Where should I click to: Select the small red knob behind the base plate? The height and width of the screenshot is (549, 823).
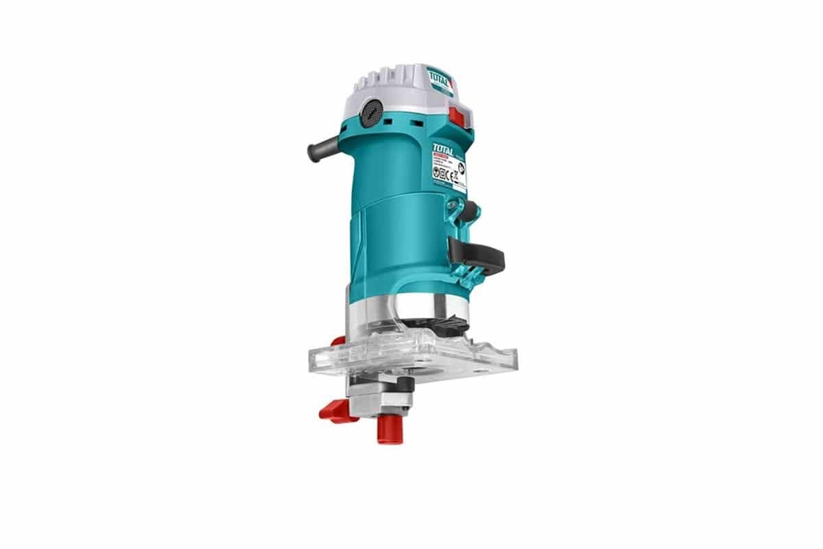click(337, 341)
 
